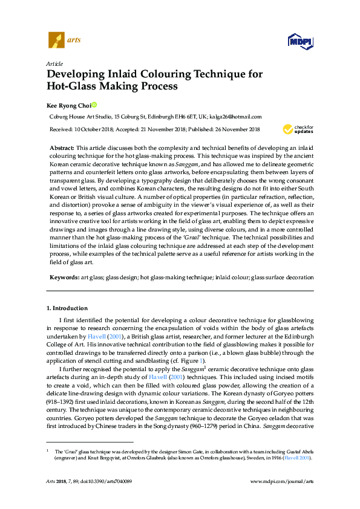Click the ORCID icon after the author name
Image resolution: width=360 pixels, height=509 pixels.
tap(94, 104)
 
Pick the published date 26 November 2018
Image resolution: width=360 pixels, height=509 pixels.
tap(235, 129)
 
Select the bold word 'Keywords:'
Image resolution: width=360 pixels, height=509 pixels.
tap(64, 277)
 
